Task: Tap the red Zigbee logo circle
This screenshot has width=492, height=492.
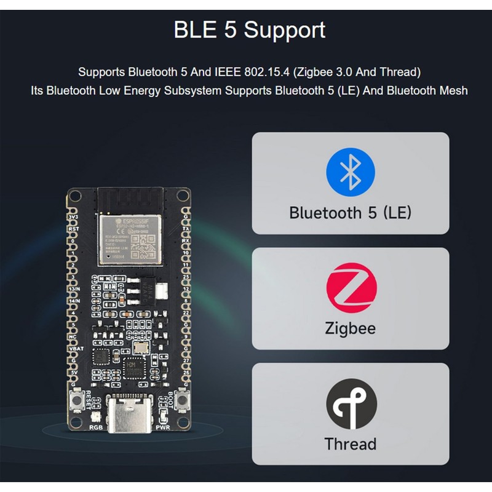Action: click(x=351, y=287)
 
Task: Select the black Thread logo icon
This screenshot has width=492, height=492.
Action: click(x=351, y=403)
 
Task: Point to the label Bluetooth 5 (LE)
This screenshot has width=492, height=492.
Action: click(x=351, y=213)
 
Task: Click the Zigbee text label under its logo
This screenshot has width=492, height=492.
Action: click(x=351, y=328)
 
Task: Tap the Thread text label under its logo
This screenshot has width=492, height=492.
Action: click(x=351, y=443)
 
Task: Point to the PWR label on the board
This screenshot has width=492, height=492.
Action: click(x=163, y=426)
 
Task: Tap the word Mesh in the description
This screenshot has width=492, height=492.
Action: click(x=454, y=90)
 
